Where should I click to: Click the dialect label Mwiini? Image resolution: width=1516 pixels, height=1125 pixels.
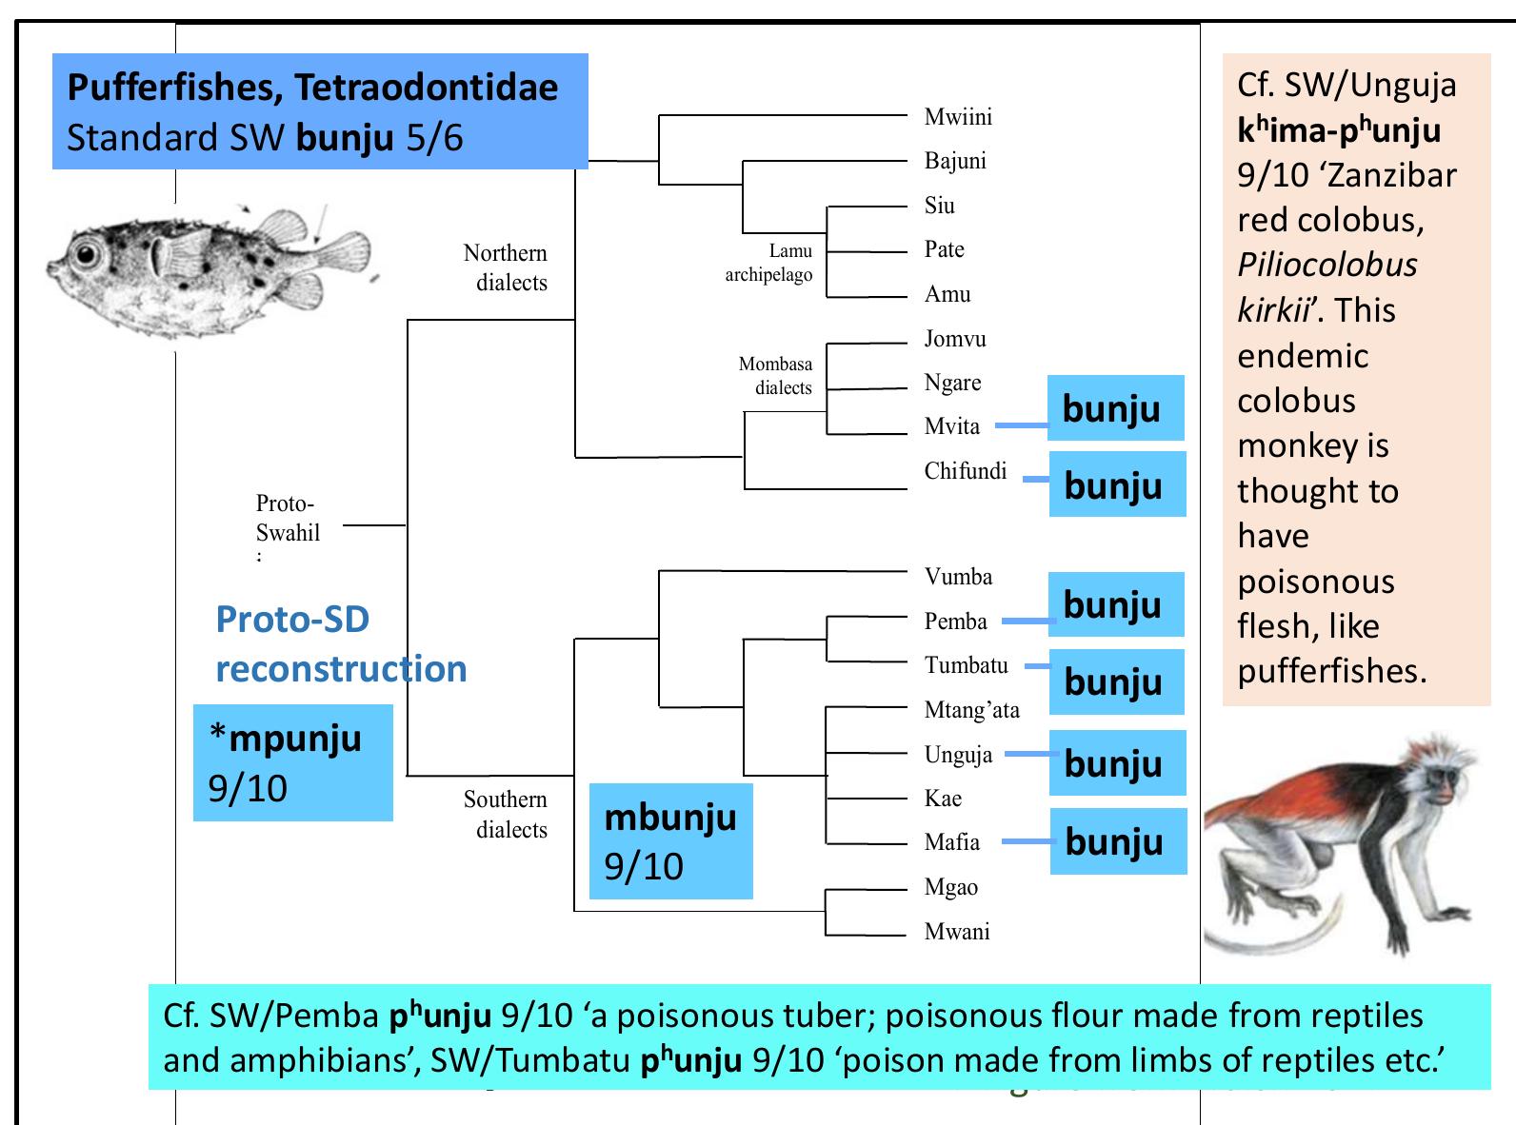(958, 117)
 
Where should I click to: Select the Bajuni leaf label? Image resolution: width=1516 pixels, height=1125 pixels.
(955, 161)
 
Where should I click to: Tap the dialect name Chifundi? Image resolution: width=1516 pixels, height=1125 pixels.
(965, 471)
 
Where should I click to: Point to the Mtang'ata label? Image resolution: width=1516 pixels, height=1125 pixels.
(971, 710)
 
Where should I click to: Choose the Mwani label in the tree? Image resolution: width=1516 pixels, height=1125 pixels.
(957, 932)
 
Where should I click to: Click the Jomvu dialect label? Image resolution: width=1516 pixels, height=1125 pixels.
(955, 339)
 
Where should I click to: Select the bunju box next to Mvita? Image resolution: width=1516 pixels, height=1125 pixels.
(1115, 408)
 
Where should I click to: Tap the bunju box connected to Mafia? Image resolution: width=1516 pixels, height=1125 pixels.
(1118, 841)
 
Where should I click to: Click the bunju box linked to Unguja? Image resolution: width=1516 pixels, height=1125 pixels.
(1118, 762)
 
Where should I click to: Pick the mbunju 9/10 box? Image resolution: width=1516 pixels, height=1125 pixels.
(670, 840)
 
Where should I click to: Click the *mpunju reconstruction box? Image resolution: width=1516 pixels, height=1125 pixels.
(292, 762)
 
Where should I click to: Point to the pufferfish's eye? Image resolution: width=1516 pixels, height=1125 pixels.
(88, 254)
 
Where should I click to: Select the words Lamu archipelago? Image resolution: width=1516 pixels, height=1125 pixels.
(768, 263)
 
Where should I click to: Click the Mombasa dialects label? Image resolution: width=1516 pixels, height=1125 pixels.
(775, 375)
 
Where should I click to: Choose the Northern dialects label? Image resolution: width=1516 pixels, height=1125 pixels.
(505, 267)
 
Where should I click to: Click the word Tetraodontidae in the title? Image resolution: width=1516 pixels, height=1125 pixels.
(427, 88)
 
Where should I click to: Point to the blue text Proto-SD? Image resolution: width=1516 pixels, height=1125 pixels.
(292, 620)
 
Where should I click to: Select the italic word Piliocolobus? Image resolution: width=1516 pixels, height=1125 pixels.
(1327, 265)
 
